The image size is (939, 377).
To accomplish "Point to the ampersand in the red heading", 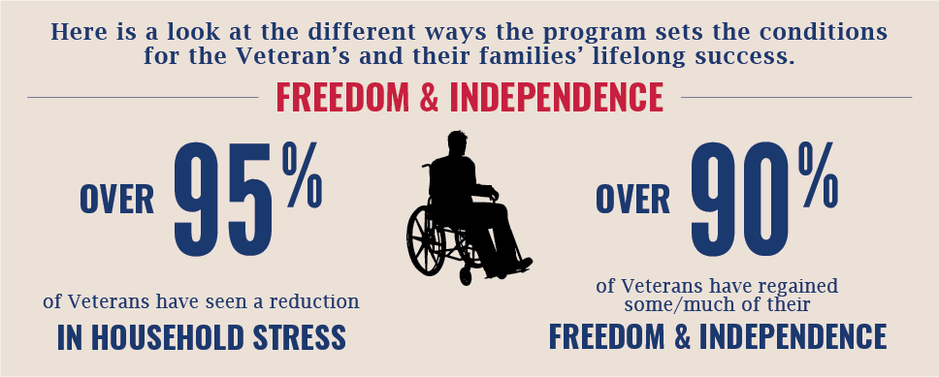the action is pos(430,99).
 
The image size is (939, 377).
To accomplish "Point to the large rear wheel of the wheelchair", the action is pos(427,240).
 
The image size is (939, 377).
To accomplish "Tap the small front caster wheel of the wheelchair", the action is pos(466,276).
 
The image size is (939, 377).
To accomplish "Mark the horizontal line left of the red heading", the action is pos(143,97).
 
